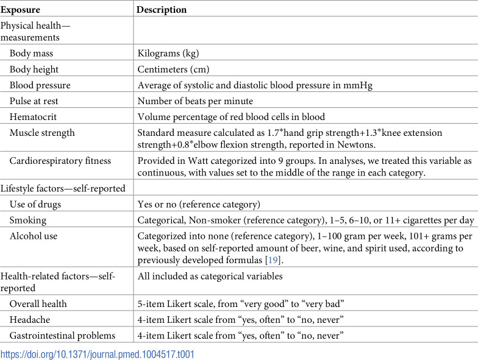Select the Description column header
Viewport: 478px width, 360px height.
pyautogui.click(x=162, y=10)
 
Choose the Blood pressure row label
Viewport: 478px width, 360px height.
pyautogui.click(x=40, y=85)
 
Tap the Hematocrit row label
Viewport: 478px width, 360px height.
pyautogui.click(x=34, y=116)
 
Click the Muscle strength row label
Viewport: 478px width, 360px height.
pyautogui.click(x=40, y=132)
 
